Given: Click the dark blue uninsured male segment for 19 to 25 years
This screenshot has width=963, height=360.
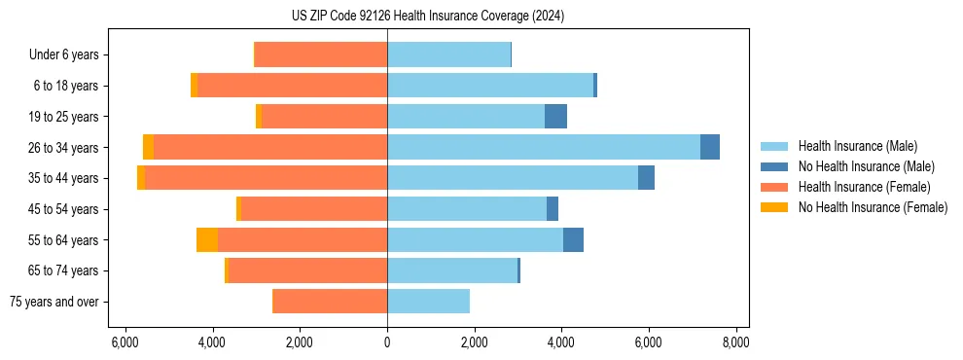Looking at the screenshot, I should pyautogui.click(x=555, y=117).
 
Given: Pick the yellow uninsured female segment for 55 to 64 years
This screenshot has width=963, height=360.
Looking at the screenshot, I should pyautogui.click(x=206, y=239).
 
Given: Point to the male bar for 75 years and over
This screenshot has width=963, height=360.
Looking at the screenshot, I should pyautogui.click(x=428, y=302).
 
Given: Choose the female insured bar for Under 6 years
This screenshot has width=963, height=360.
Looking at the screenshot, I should pyautogui.click(x=321, y=54).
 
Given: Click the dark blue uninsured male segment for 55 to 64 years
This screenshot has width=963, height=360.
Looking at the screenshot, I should pyautogui.click(x=573, y=239).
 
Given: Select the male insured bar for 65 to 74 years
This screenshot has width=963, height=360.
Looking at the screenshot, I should pyautogui.click(x=452, y=270).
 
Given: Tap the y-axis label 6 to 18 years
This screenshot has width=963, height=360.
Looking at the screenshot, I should pyautogui.click(x=66, y=86).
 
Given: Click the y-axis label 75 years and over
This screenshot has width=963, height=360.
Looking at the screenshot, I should pyautogui.click(x=54, y=302).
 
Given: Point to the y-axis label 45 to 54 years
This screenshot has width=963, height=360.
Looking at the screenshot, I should pyautogui.click(x=63, y=209).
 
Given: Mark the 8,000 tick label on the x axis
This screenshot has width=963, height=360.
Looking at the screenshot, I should pyautogui.click(x=735, y=342).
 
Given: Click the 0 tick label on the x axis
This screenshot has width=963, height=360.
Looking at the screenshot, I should pyautogui.click(x=387, y=342).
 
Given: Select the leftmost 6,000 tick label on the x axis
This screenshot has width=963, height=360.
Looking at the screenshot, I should pyautogui.click(x=125, y=342).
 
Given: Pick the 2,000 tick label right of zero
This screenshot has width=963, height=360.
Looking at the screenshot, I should pyautogui.click(x=475, y=342).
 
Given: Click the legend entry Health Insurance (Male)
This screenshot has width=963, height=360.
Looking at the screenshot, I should pyautogui.click(x=857, y=146).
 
